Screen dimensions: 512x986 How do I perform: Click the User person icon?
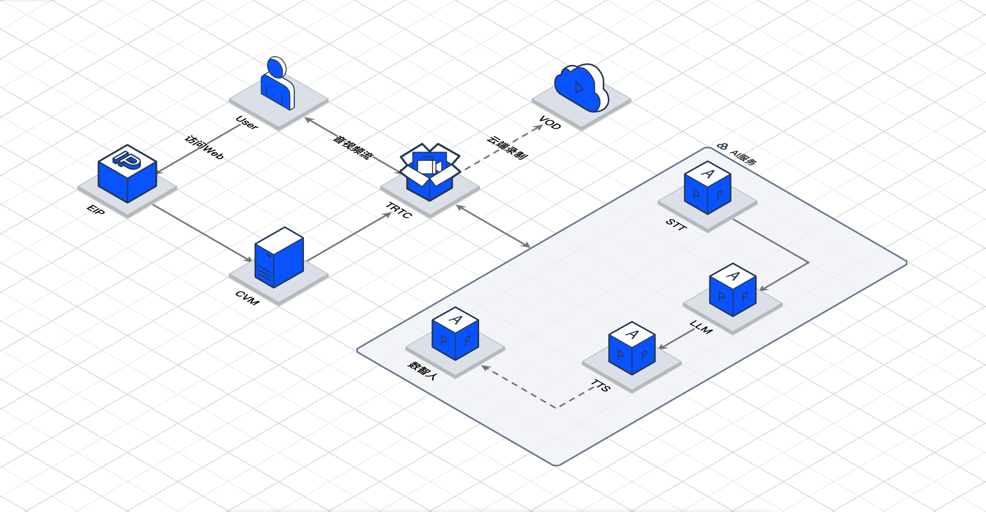(x=278, y=85)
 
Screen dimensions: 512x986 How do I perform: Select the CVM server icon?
(x=279, y=258)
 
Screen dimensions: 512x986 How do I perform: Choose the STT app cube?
(x=707, y=188)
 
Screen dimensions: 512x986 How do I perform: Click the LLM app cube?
(x=732, y=290)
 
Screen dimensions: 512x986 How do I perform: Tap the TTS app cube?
(x=632, y=348)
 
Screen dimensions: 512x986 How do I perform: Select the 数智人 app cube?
(x=455, y=334)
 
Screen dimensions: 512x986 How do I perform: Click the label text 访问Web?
(x=204, y=148)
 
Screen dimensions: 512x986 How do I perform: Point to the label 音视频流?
(x=353, y=147)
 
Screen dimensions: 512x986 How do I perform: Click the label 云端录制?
(x=507, y=147)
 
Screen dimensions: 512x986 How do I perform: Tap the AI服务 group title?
(x=743, y=157)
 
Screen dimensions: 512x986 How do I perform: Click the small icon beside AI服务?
(x=722, y=146)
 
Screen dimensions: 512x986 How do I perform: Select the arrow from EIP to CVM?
(x=202, y=233)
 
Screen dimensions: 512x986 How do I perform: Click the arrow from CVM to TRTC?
(x=349, y=237)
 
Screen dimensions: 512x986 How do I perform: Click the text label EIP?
(x=96, y=210)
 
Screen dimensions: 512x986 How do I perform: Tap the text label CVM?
(x=247, y=298)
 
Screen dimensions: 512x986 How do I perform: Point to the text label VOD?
(x=550, y=123)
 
